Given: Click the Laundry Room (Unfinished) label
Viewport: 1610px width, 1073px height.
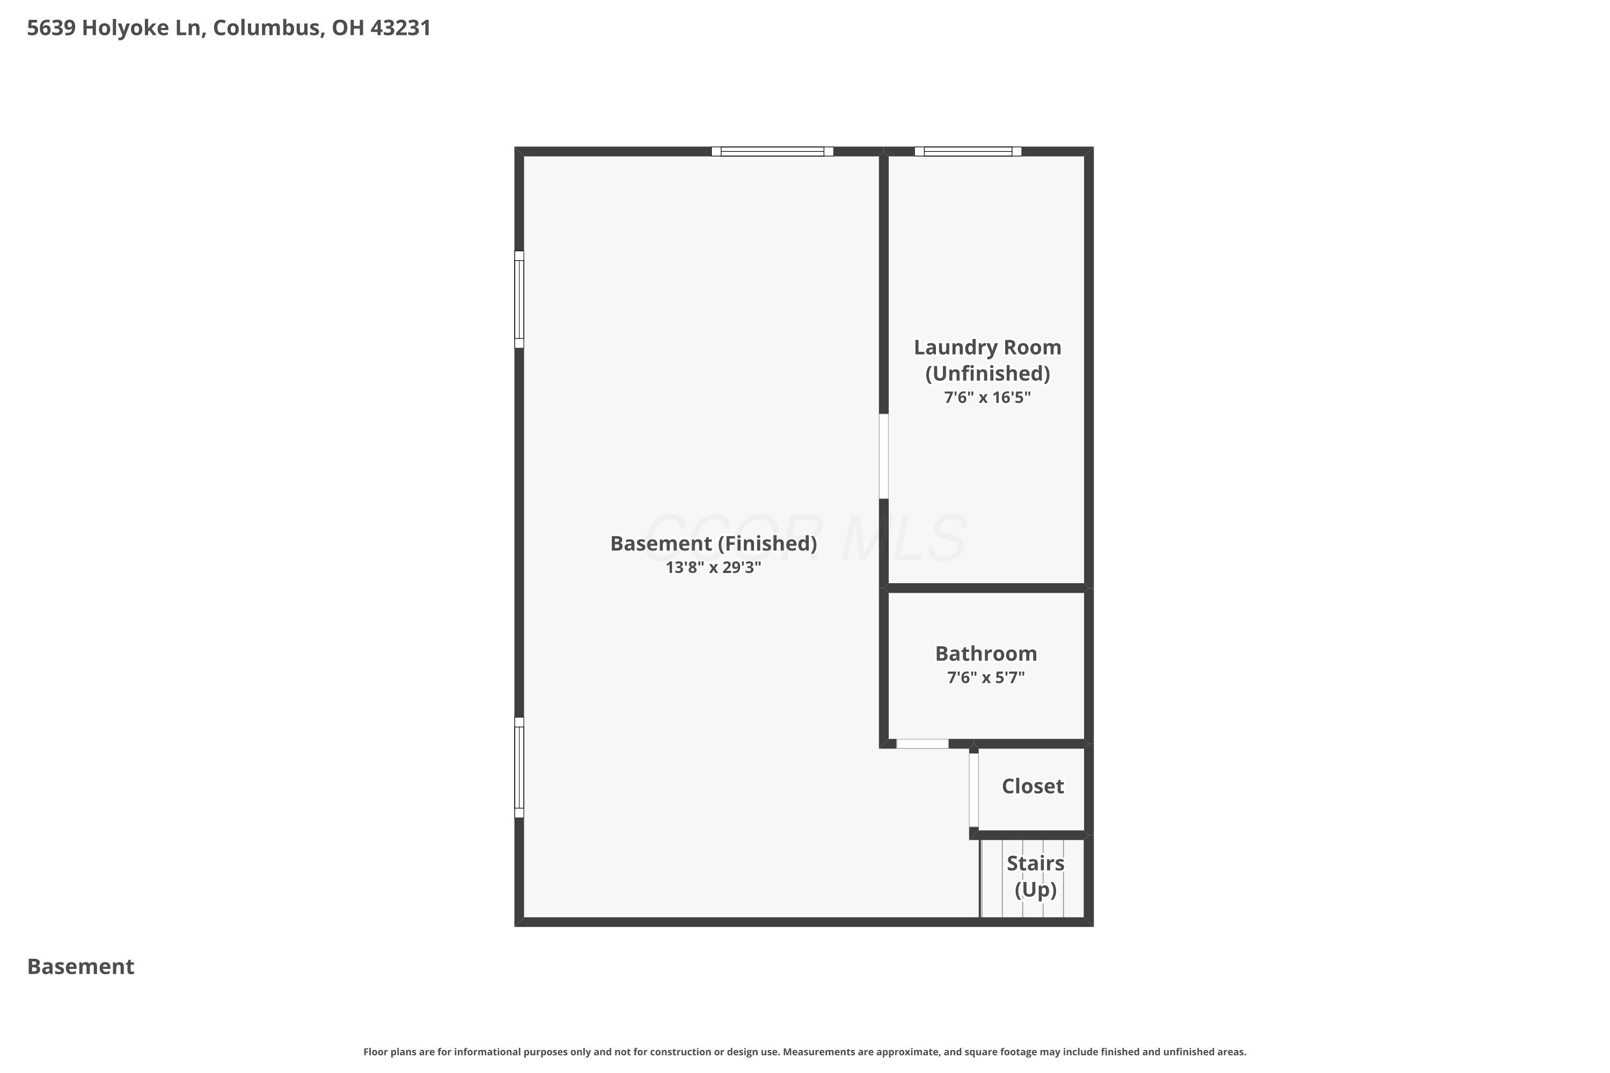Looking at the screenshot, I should click(x=987, y=360).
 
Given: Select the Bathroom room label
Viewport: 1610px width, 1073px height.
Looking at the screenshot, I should click(x=986, y=653).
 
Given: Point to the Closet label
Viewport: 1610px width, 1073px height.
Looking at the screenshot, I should click(x=1032, y=787).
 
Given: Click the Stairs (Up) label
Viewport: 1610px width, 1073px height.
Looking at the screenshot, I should click(x=1035, y=876).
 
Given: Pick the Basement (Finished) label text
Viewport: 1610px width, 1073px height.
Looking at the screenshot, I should click(x=713, y=543).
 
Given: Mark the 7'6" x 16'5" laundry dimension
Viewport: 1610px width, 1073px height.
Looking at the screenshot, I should click(x=987, y=398).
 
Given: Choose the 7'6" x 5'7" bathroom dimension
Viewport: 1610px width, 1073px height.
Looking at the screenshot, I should click(x=986, y=678).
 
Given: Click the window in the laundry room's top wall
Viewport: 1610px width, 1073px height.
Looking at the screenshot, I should click(x=968, y=151).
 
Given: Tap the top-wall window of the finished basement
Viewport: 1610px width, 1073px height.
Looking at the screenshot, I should click(x=772, y=151).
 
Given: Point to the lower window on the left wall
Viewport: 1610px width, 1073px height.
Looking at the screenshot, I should click(x=519, y=767).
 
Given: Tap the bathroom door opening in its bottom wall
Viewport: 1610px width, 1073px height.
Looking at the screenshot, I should click(x=922, y=744).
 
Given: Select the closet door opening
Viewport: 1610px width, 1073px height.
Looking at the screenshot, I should click(x=974, y=790).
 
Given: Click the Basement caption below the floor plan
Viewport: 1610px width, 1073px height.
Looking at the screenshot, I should click(x=81, y=966).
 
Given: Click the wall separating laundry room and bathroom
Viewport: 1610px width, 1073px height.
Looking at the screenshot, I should click(x=986, y=588).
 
